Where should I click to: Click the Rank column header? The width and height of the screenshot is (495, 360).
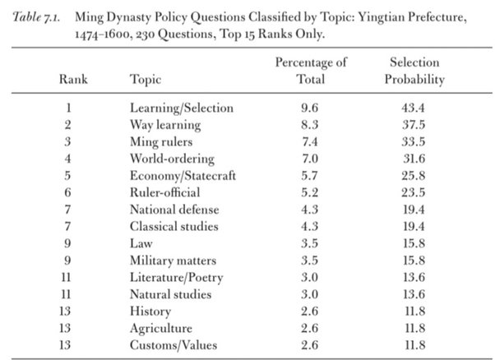73,79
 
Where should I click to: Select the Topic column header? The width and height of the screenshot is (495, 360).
146,80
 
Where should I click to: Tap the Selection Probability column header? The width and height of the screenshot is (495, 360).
414,71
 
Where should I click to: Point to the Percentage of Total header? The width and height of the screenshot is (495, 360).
311,71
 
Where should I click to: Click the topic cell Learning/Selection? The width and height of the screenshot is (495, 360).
182,108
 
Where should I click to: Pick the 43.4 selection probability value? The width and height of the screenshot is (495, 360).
414,108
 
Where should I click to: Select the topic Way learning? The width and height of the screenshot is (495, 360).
165,125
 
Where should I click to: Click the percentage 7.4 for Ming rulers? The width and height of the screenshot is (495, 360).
309,141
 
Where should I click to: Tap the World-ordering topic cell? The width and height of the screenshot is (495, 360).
172,159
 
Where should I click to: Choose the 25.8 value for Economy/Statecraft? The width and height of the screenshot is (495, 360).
414,175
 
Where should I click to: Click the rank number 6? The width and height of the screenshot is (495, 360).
68,192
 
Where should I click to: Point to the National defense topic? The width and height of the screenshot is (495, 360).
174,210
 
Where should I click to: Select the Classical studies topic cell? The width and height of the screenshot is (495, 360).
174,226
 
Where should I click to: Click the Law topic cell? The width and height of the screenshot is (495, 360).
141,243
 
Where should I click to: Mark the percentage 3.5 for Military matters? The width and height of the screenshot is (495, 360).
309,261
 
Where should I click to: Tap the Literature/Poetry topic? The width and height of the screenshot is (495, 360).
177,278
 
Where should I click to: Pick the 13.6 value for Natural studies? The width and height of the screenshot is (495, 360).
414,294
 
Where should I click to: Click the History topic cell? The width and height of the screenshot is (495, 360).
150,312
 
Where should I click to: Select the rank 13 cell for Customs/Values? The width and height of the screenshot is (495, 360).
65,345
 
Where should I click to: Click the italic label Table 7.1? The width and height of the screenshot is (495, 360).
36,17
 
